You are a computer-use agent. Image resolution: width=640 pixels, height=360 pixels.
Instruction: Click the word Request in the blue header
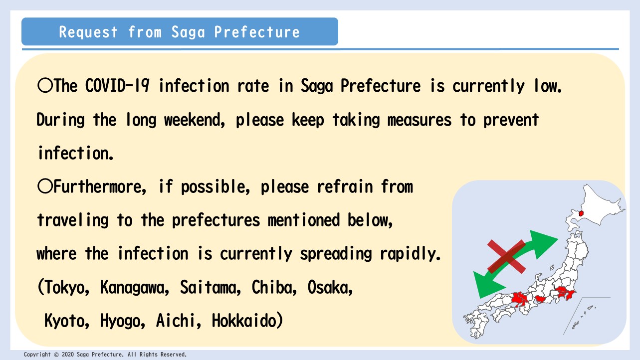pyautogui.click(x=88, y=32)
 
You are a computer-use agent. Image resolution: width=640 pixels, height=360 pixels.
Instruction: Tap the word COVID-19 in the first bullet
pyautogui.click(x=117, y=86)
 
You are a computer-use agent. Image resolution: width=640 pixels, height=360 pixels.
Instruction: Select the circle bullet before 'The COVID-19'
pyautogui.click(x=45, y=85)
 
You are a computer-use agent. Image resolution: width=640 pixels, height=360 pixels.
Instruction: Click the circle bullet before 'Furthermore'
pyautogui.click(x=45, y=186)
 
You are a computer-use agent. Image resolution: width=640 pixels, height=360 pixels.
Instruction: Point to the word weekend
pyautogui.click(x=194, y=120)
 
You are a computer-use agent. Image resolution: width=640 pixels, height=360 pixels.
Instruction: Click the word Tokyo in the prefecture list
pyautogui.click(x=66, y=287)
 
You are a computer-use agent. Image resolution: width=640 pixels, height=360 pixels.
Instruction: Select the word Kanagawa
pyautogui.click(x=134, y=287)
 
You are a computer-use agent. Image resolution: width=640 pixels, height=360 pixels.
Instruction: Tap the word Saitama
pyautogui.click(x=211, y=287)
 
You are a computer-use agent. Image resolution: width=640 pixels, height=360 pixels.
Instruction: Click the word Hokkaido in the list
pyautogui.click(x=244, y=321)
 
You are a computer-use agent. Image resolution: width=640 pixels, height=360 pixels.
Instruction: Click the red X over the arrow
pyautogui.click(x=507, y=257)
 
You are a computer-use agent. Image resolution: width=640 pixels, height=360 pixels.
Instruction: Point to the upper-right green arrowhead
pyautogui.click(x=543, y=243)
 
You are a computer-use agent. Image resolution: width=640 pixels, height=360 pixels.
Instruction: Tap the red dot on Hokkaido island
pyautogui.click(x=581, y=213)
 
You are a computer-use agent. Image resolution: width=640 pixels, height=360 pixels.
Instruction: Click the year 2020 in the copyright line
pyautogui.click(x=68, y=355)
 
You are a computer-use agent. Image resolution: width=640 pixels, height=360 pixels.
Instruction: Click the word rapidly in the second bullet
pyautogui.click(x=410, y=253)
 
